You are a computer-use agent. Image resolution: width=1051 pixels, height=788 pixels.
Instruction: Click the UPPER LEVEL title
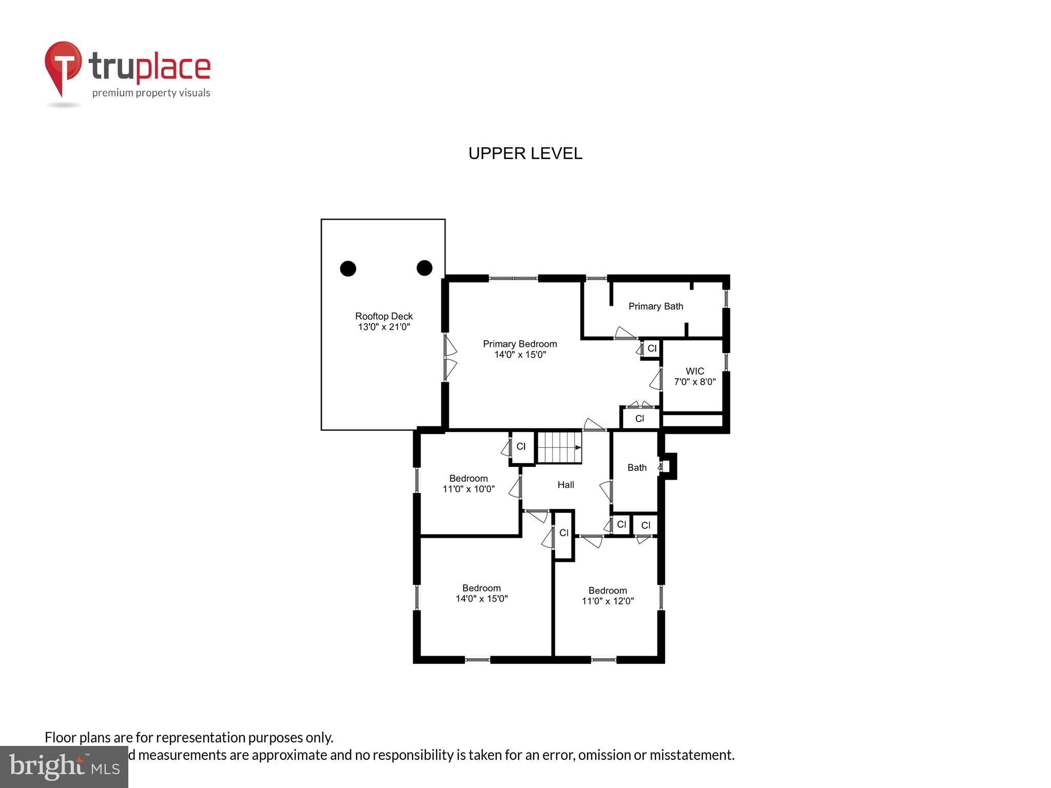[x=525, y=153]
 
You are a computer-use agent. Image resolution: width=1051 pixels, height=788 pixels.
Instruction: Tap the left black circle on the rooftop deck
[x=348, y=268]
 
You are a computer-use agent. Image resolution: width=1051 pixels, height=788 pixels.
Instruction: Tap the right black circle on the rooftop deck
[x=424, y=268]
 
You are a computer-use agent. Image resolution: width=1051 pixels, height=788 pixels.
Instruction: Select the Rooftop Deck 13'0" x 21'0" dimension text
[x=384, y=327]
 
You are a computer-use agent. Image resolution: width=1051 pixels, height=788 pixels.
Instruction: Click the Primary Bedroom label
[x=519, y=344]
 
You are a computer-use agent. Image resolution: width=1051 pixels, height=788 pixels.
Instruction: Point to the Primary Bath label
[x=655, y=306]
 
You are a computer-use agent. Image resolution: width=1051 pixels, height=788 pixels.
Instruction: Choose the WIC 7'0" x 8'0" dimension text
[x=694, y=382]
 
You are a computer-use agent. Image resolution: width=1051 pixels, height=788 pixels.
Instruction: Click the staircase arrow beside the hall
[x=578, y=447]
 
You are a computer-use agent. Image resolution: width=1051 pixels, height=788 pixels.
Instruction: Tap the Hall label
[x=566, y=485]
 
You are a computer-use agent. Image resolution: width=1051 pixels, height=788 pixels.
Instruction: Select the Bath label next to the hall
[x=636, y=467]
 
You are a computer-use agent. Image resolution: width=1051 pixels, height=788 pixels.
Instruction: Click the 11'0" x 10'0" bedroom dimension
[x=468, y=489]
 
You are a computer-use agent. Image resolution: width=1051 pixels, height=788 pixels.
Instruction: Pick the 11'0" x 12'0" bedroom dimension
[x=608, y=601]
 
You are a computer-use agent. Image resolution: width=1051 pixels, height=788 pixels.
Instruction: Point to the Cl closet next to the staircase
[x=521, y=447]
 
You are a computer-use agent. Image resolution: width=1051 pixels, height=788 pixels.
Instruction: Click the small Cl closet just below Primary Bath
[x=652, y=348]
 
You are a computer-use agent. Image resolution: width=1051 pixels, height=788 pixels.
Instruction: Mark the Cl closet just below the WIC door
[x=639, y=419]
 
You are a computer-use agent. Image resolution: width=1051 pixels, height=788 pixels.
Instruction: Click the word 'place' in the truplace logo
[x=173, y=68]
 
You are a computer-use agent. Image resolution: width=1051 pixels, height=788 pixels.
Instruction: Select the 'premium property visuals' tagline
[x=151, y=93]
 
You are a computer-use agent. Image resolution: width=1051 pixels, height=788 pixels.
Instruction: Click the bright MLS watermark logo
[x=64, y=766]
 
